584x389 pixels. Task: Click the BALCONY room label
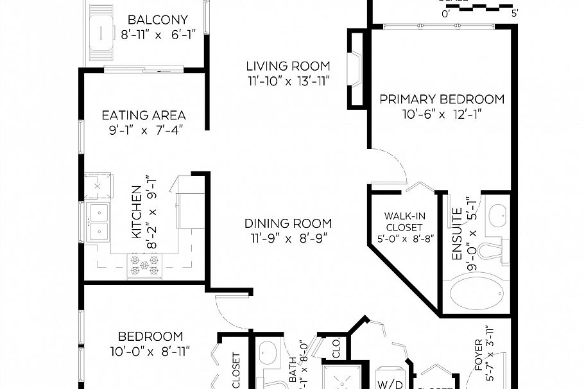click(157, 20)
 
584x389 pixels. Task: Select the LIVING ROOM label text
click(288, 66)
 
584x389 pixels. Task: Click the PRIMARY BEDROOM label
click(442, 99)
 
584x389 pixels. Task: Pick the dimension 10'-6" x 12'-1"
click(442, 114)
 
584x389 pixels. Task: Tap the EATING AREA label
click(144, 116)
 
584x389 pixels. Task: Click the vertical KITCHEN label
click(137, 212)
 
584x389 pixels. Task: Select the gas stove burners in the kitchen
click(144, 264)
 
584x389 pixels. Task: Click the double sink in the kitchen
click(99, 221)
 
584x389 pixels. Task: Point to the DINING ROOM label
click(288, 223)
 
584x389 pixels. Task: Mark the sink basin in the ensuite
click(499, 215)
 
